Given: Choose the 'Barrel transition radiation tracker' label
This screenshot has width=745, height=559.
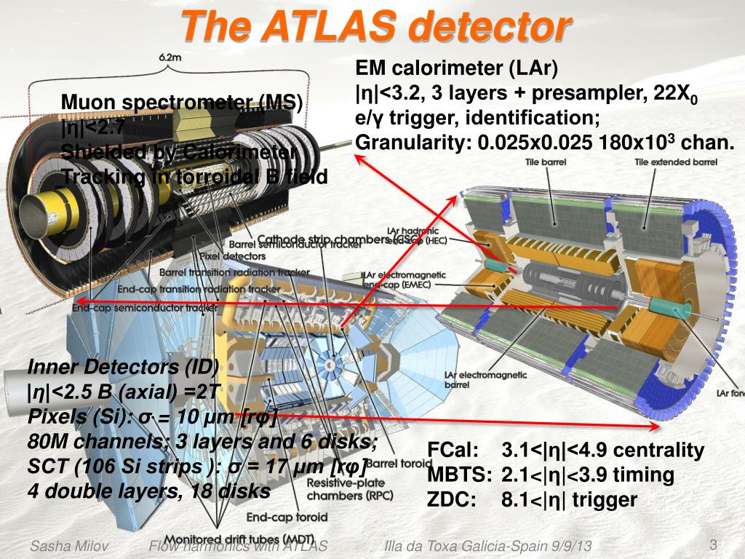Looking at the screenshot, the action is tap(234, 272).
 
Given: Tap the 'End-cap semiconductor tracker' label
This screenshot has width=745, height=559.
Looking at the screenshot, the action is tap(145, 309).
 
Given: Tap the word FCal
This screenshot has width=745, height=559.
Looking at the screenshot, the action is tap(453, 451).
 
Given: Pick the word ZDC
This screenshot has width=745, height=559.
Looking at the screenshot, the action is tap(451, 500).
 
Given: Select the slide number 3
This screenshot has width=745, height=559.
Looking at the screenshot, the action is tap(713, 545).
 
